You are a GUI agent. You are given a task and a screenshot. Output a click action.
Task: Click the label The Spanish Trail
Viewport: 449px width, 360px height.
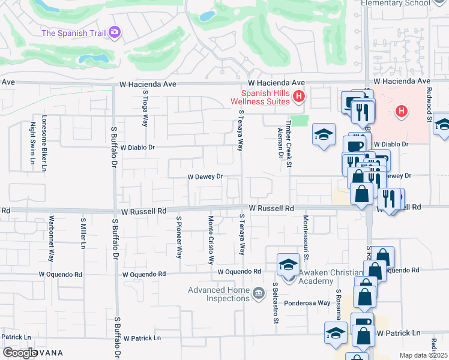pos(73,33)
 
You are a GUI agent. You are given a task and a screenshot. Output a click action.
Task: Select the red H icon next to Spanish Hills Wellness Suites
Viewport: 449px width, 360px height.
pos(299,95)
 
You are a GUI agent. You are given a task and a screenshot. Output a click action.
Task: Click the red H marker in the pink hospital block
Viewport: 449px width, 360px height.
pos(402,111)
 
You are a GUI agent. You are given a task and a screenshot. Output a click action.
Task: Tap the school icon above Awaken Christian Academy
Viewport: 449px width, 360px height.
pos(288,264)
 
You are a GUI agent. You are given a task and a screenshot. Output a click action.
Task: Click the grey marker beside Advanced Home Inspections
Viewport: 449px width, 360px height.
pos(259,293)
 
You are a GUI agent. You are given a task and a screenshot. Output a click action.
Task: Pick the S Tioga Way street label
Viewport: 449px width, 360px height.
pos(145,110)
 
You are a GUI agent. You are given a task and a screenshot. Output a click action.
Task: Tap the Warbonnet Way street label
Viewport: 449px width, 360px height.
pos(52,238)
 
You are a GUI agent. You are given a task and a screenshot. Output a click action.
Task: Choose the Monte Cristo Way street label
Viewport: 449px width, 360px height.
pos(211,240)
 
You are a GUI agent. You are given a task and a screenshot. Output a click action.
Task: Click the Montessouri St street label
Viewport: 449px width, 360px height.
pos(306,238)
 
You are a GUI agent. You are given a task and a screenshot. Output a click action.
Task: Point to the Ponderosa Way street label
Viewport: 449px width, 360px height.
pos(307,303)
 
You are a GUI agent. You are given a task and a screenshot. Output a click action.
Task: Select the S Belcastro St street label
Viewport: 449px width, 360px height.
pos(276,303)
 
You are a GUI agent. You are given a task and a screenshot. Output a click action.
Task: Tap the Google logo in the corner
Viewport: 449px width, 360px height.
pos(20,353)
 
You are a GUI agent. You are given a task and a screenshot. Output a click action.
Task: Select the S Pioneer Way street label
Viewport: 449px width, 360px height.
pos(179,238)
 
